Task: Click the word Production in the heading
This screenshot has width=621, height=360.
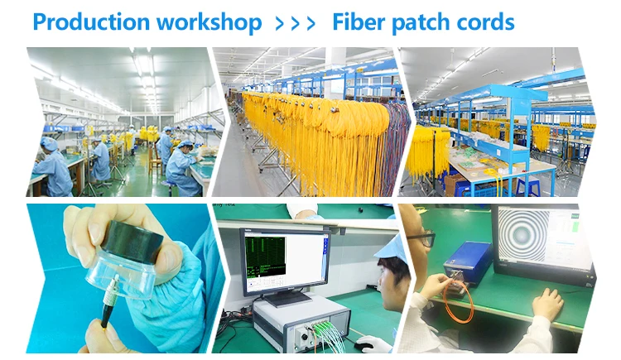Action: pos(85,22)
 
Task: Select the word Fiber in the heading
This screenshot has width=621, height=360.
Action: pos(358,22)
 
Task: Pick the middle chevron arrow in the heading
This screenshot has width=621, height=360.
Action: pos(295,22)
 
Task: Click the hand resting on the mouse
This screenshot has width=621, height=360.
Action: pos(547,304)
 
